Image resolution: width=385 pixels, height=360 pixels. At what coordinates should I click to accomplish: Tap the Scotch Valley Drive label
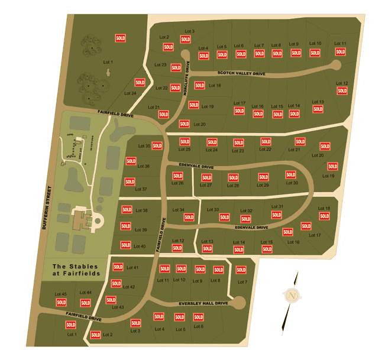pyautogui.click(x=241, y=74)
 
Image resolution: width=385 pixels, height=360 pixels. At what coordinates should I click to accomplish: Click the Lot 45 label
pyautogui.click(x=60, y=294)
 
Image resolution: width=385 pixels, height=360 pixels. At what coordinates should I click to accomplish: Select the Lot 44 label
pyautogui.click(x=85, y=293)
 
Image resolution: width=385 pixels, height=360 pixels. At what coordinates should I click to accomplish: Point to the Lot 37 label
pyautogui.click(x=141, y=189)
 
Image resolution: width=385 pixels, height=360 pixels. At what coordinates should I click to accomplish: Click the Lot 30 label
pyautogui.click(x=292, y=183)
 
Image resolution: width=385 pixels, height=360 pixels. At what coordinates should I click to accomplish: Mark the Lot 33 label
pyautogui.click(x=212, y=210)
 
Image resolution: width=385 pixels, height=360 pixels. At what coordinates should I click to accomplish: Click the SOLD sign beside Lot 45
pyautogui.click(x=61, y=302)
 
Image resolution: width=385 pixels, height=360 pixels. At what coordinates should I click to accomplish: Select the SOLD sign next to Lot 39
pyautogui.click(x=125, y=226)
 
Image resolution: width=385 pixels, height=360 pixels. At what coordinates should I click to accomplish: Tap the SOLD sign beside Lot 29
pyautogui.click(x=263, y=177)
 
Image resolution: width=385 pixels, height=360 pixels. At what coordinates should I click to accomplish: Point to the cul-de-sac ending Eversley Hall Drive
pyautogui.click(x=238, y=303)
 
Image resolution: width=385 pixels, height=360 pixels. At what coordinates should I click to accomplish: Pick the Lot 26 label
pyautogui.click(x=177, y=183)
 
